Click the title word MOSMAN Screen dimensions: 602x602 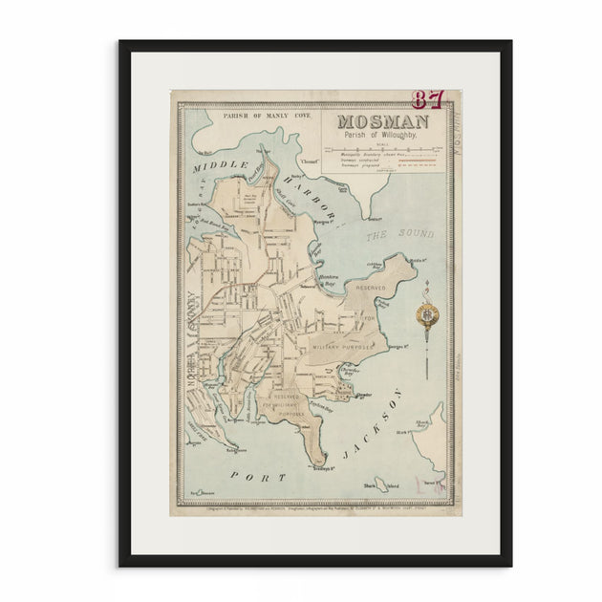(381, 123)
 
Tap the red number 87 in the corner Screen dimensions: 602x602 (429, 99)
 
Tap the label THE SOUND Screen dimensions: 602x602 (400, 233)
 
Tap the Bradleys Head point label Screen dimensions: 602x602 (320, 469)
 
